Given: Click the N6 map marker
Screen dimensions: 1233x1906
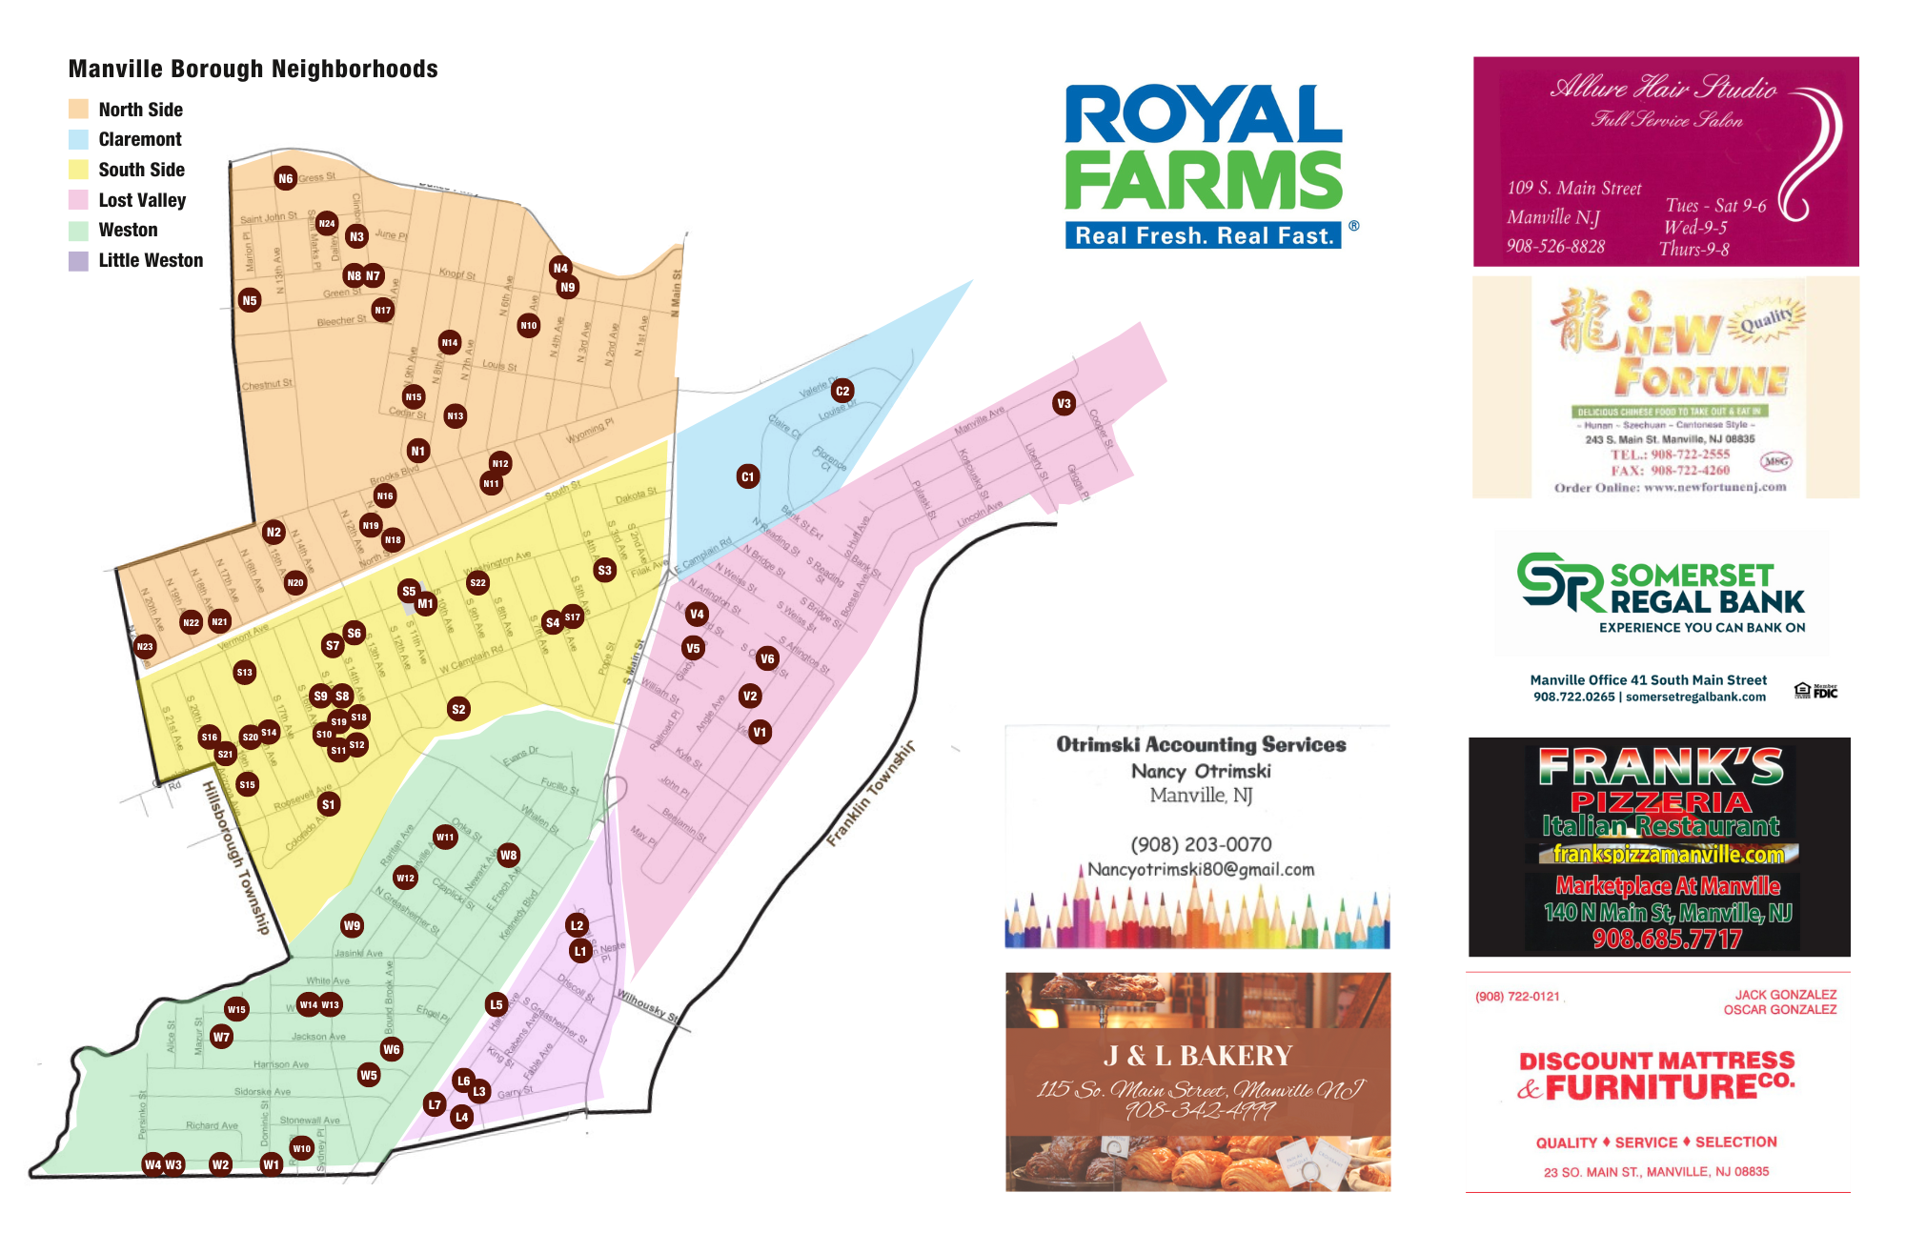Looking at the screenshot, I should (x=285, y=178).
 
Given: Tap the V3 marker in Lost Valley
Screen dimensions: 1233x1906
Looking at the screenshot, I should (x=1064, y=403).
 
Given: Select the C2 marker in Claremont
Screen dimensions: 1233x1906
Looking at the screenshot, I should (x=841, y=391).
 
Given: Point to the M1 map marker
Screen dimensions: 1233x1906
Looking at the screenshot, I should (x=425, y=603).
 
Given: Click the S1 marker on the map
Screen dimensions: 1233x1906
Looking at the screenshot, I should (x=328, y=804).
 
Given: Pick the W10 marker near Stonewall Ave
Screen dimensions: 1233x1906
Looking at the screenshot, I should (x=301, y=1148).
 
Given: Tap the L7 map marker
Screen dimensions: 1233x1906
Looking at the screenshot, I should (x=435, y=1104).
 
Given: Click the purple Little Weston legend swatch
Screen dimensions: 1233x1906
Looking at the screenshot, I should (x=78, y=261).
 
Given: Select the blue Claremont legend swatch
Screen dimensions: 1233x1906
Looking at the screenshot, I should (x=78, y=139).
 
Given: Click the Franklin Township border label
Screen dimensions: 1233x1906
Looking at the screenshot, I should (x=870, y=793).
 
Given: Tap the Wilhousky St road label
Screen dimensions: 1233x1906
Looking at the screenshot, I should (x=648, y=1006).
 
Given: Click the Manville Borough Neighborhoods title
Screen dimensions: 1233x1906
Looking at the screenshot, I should (x=253, y=69).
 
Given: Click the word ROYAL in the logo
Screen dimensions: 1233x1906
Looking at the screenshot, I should (x=1203, y=114).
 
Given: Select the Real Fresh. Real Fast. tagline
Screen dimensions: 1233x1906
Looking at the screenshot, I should (x=1203, y=235).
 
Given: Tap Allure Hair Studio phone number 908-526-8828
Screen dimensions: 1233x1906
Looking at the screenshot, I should (x=1555, y=246).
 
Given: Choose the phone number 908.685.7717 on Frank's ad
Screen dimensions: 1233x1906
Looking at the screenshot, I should (x=1667, y=939).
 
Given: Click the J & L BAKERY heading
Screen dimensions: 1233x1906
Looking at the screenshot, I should (x=1197, y=1056).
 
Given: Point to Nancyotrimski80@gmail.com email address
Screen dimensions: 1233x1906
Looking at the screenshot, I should (x=1201, y=869).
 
